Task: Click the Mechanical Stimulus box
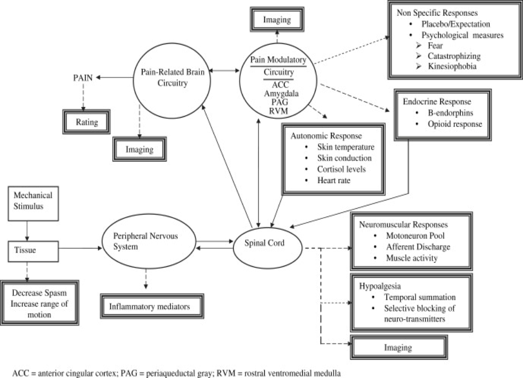pos(33,203)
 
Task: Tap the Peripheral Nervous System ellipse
pos(149,241)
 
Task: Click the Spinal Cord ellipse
pos(267,244)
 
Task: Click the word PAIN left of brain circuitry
pos(83,78)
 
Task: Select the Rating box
pos(87,122)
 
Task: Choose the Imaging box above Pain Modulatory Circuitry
pos(277,20)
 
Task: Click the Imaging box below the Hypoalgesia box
pos(398,347)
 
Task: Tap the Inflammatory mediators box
pos(151,307)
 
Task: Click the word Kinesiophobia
pos(452,66)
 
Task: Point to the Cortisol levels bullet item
pos(341,169)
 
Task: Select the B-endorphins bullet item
pos(450,113)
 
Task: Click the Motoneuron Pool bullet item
pos(415,236)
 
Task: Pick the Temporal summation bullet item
pos(419,297)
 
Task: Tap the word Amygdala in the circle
pos(281,94)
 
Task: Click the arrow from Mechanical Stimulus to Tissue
pos(27,231)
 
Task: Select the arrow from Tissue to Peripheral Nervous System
pos(80,248)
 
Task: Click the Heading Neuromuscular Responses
pos(403,225)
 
